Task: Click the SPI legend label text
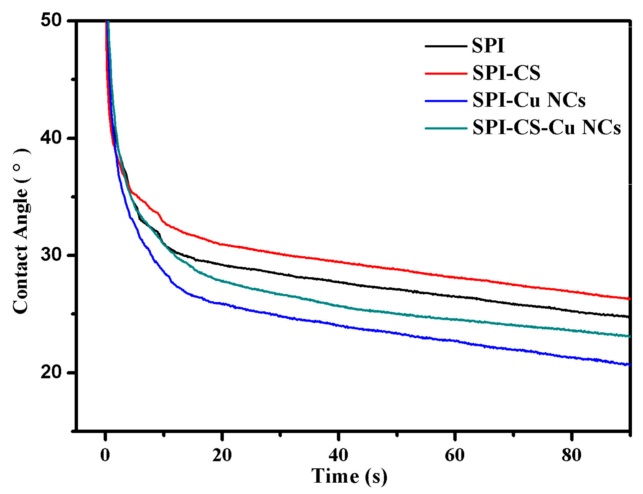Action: (x=488, y=46)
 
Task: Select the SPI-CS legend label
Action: (x=506, y=73)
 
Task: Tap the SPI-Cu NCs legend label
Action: (x=529, y=100)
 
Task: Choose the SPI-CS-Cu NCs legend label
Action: (x=546, y=128)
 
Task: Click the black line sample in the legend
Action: (x=446, y=46)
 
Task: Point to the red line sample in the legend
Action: (x=446, y=73)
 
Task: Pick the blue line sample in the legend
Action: (x=446, y=100)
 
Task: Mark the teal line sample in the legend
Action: (x=446, y=128)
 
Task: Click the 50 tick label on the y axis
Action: (x=51, y=20)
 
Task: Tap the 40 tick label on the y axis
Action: (x=51, y=138)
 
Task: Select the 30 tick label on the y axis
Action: (x=51, y=255)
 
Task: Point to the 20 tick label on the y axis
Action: (x=51, y=372)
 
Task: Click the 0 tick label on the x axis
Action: (x=105, y=455)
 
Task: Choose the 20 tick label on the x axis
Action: (x=222, y=455)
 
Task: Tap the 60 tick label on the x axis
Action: (x=455, y=455)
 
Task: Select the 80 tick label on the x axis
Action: (x=571, y=455)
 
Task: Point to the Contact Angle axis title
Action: (x=21, y=231)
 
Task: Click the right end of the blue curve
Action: (x=628, y=365)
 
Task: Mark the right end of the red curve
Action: (x=628, y=299)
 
